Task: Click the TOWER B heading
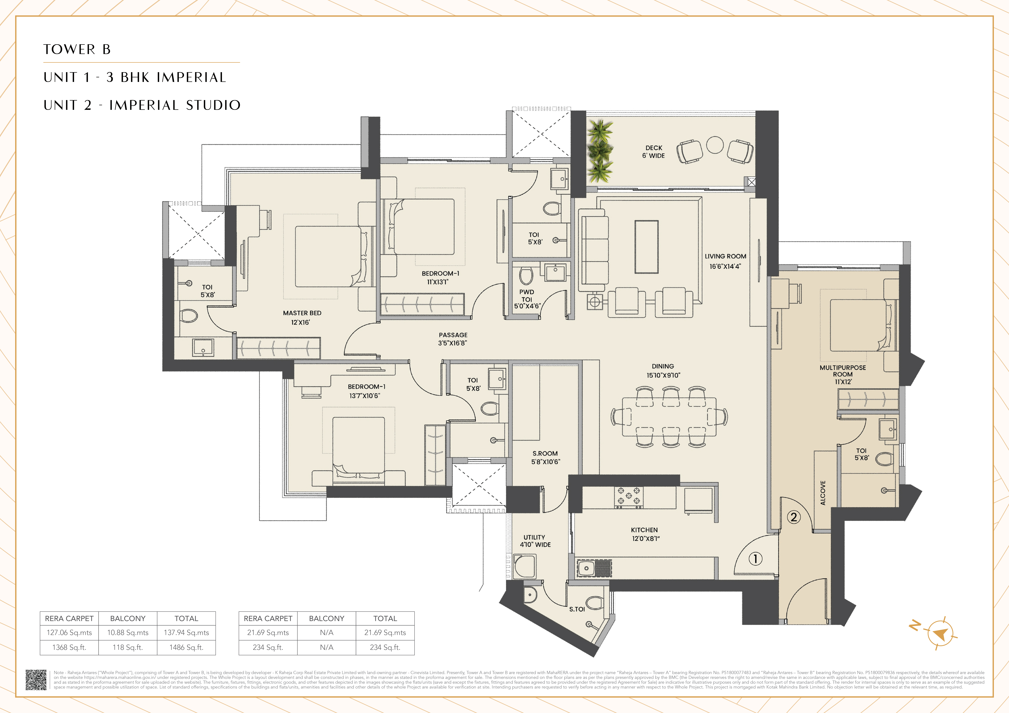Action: (x=77, y=49)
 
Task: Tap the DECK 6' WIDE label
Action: (x=653, y=152)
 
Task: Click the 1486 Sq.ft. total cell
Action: (x=186, y=647)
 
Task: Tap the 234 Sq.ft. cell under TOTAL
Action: (x=385, y=647)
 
